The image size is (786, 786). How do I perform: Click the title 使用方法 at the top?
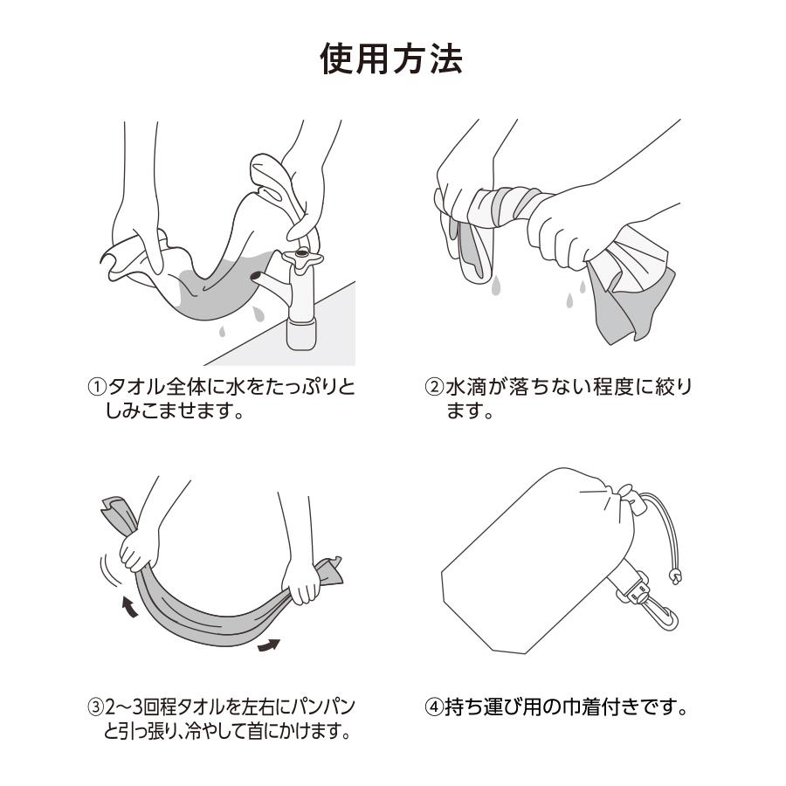point(392,59)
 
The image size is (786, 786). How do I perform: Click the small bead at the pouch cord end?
point(674,576)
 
